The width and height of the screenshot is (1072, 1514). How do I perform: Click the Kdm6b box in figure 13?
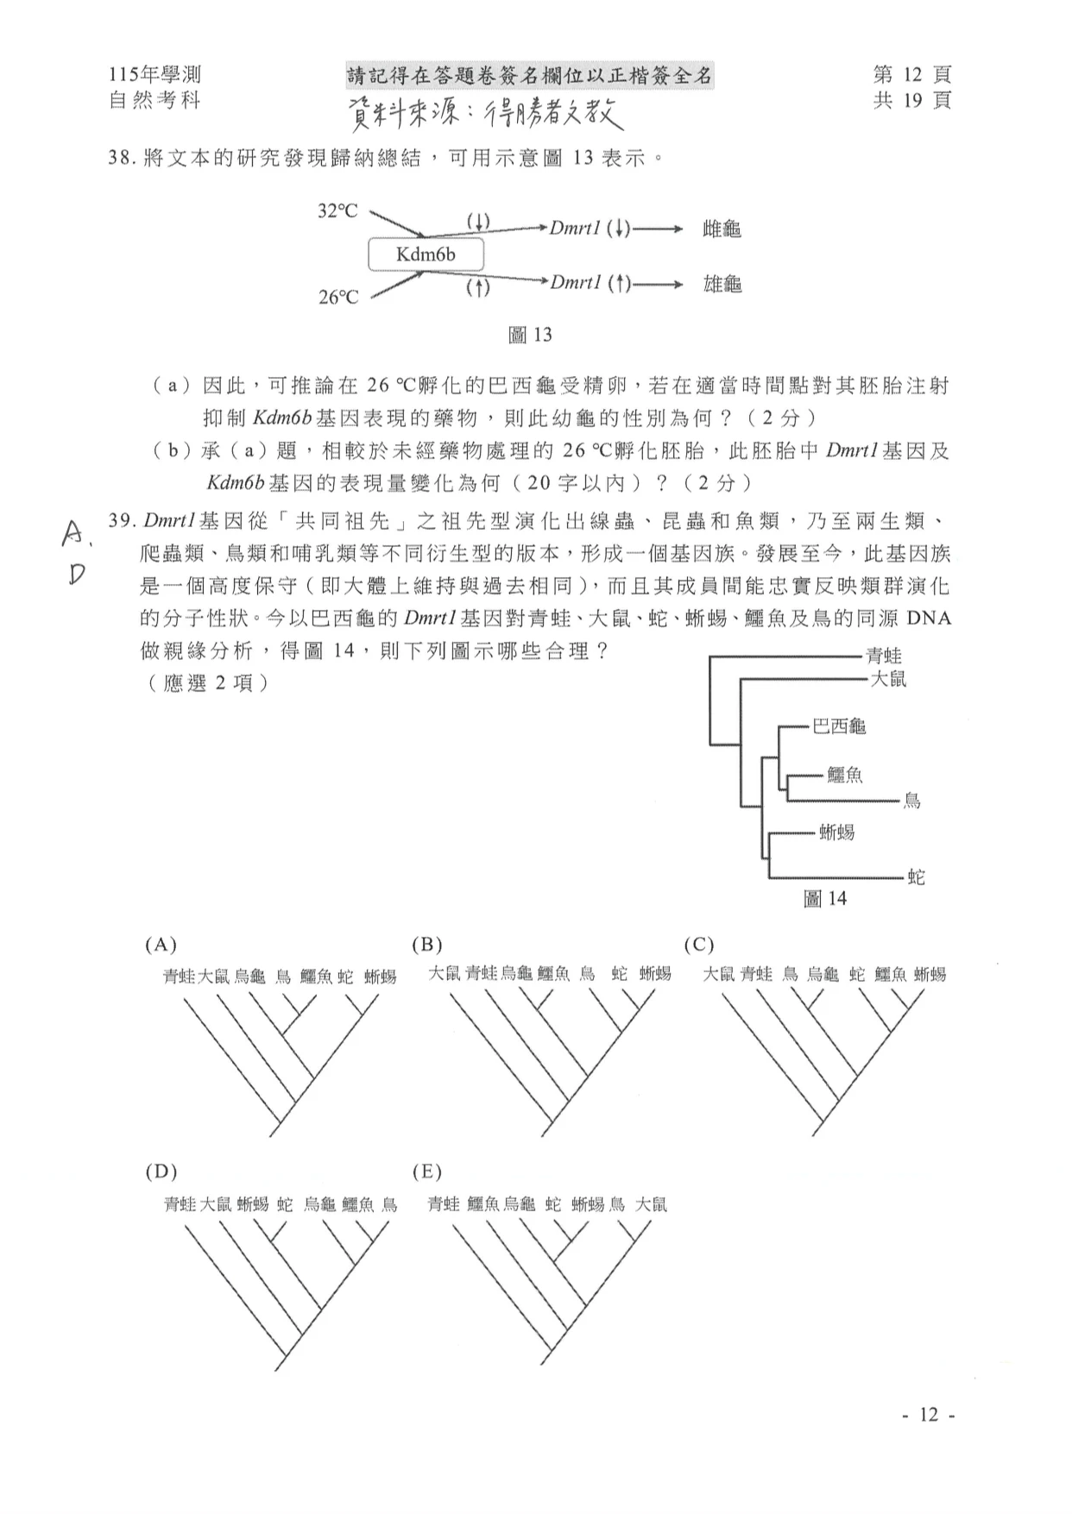pos(426,254)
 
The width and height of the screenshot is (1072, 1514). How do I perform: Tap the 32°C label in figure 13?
pos(337,211)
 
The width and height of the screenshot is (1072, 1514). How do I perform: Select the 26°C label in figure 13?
pos(337,298)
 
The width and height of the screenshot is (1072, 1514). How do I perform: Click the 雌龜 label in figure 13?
pos(722,229)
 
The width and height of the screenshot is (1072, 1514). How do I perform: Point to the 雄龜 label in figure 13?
pos(722,284)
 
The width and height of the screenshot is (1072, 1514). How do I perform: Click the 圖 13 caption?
pos(530,335)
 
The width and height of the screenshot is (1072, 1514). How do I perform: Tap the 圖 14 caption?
pos(825,899)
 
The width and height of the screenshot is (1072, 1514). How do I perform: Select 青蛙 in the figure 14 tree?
pos(884,656)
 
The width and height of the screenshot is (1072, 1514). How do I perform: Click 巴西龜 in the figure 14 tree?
pos(839,726)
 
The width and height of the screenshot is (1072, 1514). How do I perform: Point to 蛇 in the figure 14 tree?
pos(916,877)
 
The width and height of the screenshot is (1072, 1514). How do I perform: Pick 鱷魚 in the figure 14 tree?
pos(845,776)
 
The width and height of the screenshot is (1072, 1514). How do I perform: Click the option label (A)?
pos(161,945)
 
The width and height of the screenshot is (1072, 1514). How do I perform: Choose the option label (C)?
pos(698,945)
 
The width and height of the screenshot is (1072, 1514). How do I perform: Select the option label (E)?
pos(427,1172)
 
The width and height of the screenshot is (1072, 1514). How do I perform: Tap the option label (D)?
pos(161,1172)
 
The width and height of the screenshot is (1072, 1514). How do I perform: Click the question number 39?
pos(121,521)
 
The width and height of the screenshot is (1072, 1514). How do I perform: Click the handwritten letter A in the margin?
pos(73,536)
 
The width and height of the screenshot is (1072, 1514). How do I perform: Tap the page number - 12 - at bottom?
pos(928,1415)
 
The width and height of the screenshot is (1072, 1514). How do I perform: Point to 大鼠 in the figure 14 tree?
pos(888,679)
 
